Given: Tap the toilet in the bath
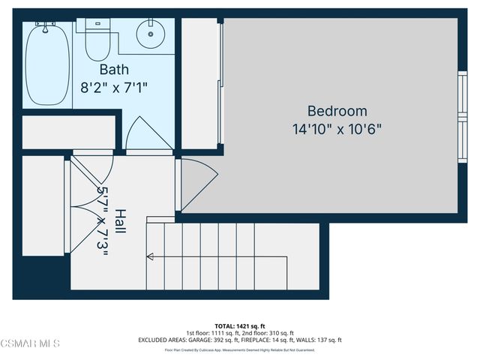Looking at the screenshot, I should tap(96, 41).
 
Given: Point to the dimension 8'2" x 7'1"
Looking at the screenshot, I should tap(114, 87).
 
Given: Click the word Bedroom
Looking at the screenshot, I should tap(337, 111).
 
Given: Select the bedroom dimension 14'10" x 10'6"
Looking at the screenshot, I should tap(337, 128).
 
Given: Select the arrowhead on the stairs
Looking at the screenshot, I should tap(151, 257).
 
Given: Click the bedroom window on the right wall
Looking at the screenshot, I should tap(461, 109).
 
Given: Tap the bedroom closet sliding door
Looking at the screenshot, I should tap(220, 82).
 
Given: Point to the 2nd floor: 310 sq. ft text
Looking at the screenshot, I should tap(268, 332).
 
